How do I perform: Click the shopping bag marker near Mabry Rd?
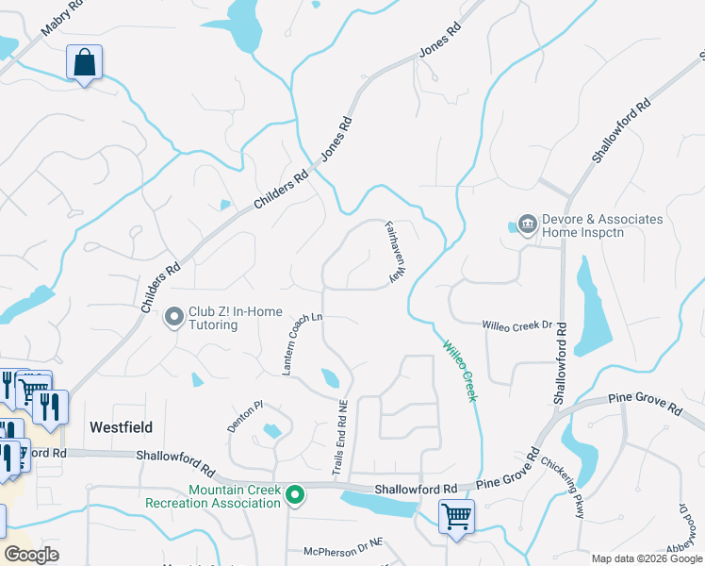coord(84,63)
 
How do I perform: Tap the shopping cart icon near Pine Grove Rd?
coord(456,517)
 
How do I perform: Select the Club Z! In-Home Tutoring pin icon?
coord(173,318)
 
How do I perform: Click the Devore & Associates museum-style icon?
coord(527,225)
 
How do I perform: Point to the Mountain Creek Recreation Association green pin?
coord(295,494)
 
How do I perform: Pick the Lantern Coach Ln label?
coord(303,343)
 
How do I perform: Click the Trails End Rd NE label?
coord(342,437)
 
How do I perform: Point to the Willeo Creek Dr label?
coord(516,325)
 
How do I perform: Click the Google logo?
coord(31,555)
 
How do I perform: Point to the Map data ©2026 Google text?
coord(646,558)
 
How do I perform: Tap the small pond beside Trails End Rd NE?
coord(330,378)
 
